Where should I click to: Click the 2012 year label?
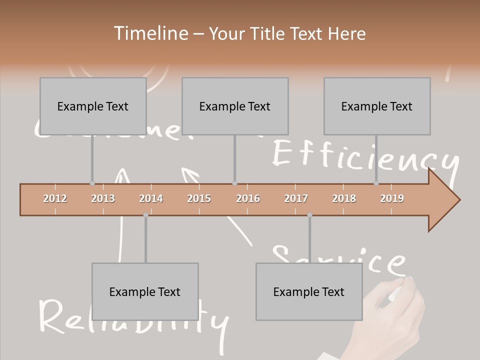[55, 198]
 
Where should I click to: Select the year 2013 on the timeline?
[103, 198]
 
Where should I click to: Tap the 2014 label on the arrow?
[151, 198]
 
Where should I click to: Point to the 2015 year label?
[199, 198]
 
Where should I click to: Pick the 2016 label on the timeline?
[248, 198]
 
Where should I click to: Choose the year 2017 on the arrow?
[296, 198]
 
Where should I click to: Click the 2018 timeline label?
[344, 198]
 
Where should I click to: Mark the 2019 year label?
[392, 198]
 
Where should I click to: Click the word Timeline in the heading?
[149, 33]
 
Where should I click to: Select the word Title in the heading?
[268, 33]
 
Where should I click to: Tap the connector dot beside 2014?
[145, 215]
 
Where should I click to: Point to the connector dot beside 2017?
[309, 215]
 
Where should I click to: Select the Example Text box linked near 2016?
[235, 106]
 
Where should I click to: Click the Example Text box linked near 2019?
[377, 106]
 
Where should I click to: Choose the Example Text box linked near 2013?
[93, 106]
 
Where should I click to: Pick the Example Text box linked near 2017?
[309, 291]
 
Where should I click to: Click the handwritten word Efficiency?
[365, 157]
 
